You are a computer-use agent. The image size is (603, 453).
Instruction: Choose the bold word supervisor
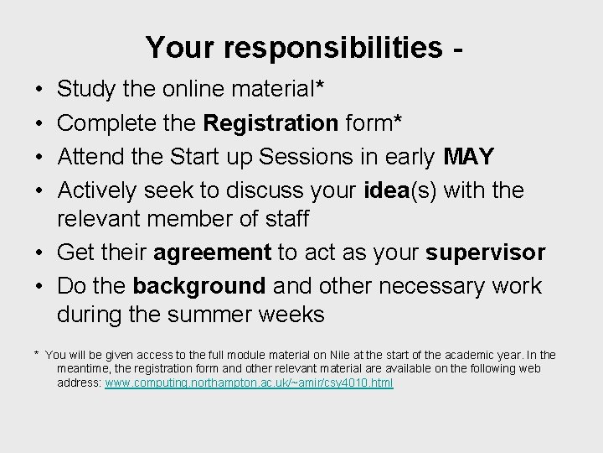coord(486,253)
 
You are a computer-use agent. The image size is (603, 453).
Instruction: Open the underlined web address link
coord(249,383)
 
